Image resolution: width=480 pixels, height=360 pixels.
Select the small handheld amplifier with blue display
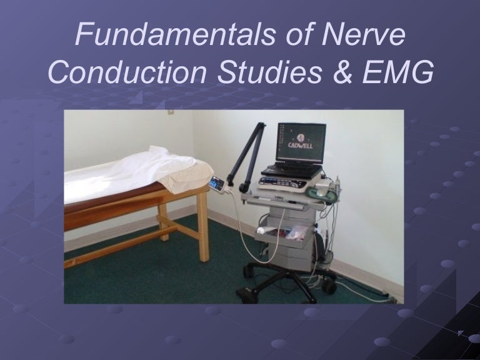tap(217, 182)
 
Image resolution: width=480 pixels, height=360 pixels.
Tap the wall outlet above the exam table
tap(170, 112)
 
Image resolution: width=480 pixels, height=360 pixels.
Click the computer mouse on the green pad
tap(322, 193)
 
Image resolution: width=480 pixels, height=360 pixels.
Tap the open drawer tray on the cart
tap(281, 232)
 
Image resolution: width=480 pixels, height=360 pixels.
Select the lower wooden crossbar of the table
tap(125, 248)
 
